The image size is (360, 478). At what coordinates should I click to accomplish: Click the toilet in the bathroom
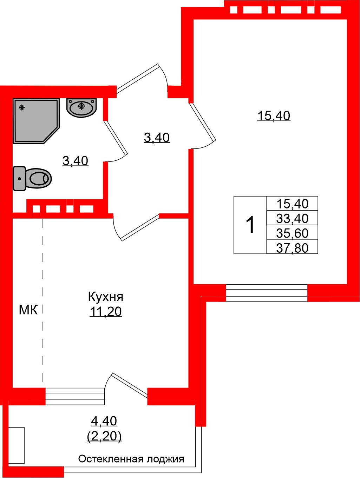pos(32,179)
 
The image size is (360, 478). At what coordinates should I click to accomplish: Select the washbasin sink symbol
pos(81,107)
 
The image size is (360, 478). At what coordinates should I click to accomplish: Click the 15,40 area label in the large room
pos(274,115)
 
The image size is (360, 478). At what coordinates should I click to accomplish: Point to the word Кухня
pos(105,297)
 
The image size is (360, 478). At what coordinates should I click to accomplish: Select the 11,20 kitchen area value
pos(105,311)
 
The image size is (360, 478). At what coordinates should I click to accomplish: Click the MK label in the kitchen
pos(28,310)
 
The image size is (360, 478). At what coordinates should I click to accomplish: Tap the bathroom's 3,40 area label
pos(75,161)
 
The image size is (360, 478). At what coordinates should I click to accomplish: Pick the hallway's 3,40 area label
pos(157,137)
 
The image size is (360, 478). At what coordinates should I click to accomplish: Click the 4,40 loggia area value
pos(104,420)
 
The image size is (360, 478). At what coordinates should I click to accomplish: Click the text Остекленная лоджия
pos(131,459)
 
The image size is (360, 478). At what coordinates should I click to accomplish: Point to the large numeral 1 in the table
pos(250,225)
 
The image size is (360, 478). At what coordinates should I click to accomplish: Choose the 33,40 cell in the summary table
pos(292,218)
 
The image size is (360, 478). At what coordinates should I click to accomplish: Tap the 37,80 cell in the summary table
pos(292,248)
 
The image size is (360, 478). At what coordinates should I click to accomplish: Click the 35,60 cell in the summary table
pos(292,233)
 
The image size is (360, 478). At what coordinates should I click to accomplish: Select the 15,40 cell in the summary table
pos(292,204)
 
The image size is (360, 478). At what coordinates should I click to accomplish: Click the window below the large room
pos(267,293)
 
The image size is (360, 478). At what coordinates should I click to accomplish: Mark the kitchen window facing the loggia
pos(75,397)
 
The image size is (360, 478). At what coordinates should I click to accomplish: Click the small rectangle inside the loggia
pos(17,445)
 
